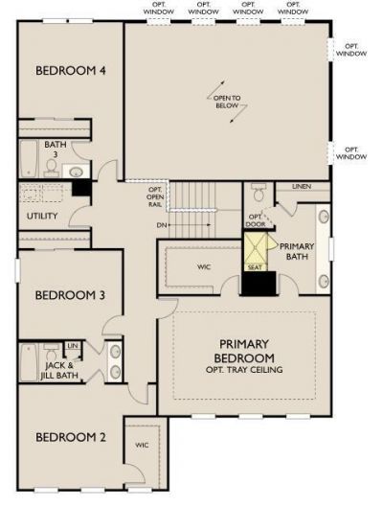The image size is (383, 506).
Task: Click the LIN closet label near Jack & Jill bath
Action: [x=73, y=346]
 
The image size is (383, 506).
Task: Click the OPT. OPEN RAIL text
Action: [x=154, y=195]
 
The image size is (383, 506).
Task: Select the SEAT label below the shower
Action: [x=255, y=267]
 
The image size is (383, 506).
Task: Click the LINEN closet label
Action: [x=301, y=187]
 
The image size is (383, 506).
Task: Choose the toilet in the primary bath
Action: [x=257, y=195]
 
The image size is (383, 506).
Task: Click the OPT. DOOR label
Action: [x=256, y=220]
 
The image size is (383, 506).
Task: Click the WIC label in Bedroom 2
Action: [x=143, y=445]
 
